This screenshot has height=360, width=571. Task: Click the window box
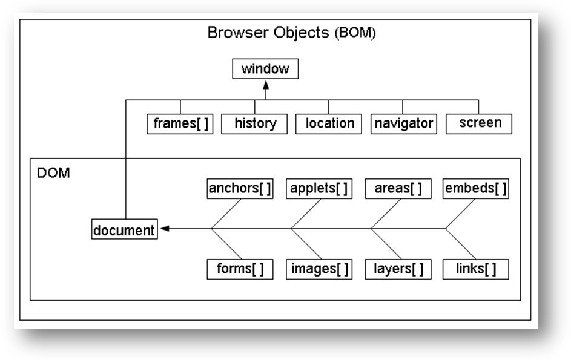[265, 69]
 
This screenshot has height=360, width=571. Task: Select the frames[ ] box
[180, 124]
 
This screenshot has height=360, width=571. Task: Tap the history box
[254, 124]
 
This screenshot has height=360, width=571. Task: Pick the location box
[328, 124]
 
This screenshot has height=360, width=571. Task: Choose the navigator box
[403, 124]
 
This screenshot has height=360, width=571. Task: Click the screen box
[479, 124]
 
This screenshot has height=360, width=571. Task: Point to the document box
[125, 229]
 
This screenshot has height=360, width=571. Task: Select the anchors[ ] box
[240, 189]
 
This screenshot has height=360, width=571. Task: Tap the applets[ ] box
[319, 189]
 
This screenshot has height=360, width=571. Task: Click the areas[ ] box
[398, 189]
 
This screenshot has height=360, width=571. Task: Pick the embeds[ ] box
[475, 189]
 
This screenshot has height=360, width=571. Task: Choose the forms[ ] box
[240, 269]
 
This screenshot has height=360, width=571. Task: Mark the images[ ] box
[319, 269]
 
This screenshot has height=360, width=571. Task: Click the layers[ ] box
[398, 269]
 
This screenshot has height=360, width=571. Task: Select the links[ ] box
[475, 269]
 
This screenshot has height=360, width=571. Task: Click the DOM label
[53, 173]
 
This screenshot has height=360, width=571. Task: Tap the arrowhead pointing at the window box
[266, 85]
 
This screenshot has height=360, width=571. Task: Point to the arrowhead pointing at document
[165, 229]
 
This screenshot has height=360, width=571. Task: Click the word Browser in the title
[238, 33]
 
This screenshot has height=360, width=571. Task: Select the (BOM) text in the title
[355, 33]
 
